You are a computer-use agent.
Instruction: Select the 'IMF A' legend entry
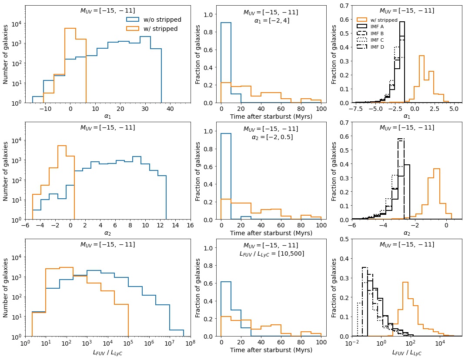click(376, 27)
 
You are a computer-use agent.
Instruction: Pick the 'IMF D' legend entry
click(376, 47)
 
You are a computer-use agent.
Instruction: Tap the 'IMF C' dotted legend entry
click(376, 40)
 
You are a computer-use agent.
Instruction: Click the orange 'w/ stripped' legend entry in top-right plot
click(383, 20)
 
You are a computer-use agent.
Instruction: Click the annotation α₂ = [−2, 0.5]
click(272, 137)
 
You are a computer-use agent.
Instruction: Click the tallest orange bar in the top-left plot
click(70, 65)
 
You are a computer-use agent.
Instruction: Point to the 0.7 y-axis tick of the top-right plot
click(343, 6)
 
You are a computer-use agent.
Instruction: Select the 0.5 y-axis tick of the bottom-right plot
click(343, 239)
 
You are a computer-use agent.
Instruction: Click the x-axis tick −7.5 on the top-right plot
click(356, 109)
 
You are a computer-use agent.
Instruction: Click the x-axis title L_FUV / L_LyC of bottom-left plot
click(108, 352)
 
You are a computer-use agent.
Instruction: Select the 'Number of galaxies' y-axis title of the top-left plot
click(6, 54)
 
